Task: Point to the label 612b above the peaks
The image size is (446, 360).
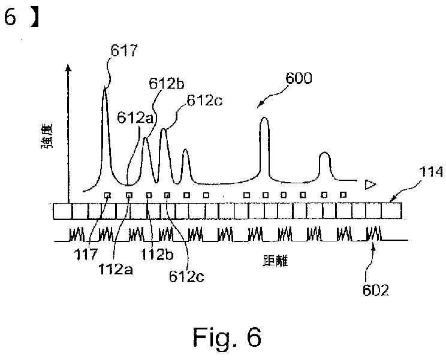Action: [163, 84]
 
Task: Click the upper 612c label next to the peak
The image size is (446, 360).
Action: [203, 100]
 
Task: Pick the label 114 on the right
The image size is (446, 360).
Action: [429, 173]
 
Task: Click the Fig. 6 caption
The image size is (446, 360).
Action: [227, 337]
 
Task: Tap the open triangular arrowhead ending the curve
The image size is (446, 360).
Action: [370, 184]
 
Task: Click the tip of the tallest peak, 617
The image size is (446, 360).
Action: [104, 89]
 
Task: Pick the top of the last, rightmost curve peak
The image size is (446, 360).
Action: [324, 154]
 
